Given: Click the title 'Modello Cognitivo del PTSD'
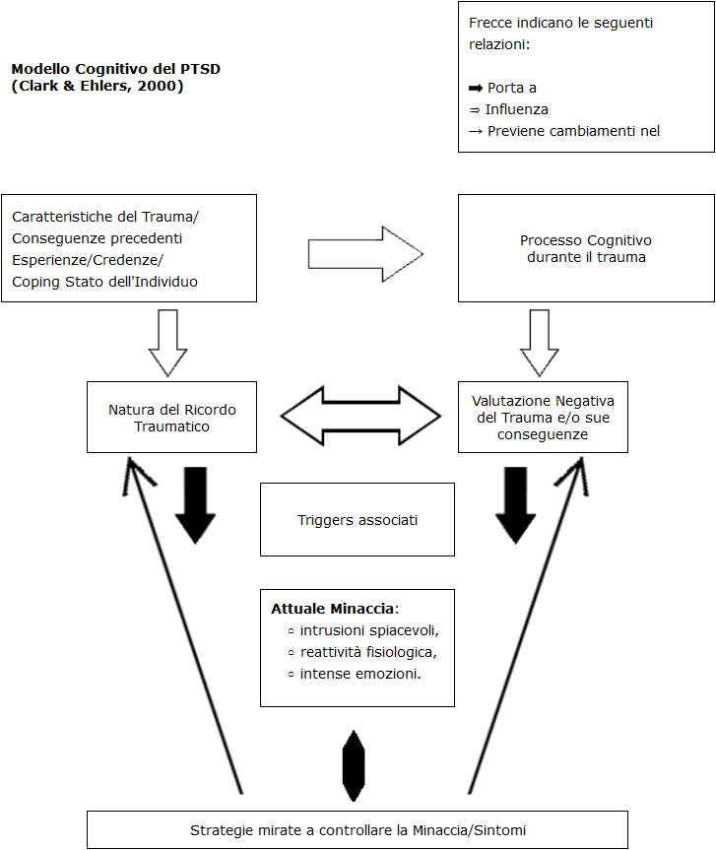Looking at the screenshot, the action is tap(116, 69).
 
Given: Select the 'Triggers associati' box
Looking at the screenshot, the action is tap(358, 519).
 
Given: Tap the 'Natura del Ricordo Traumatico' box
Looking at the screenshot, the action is tap(171, 417).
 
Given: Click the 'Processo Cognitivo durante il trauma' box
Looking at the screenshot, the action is tap(586, 248).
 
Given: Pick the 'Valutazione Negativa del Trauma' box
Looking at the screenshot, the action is tap(543, 417).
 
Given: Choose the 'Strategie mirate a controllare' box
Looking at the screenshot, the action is tap(358, 830).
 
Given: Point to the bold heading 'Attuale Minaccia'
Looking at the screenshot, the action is tap(332, 609).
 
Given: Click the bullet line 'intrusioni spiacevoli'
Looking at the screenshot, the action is tap(369, 630).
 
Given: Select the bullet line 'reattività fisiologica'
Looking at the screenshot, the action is tap(368, 652).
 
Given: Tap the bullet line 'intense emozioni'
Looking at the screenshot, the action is tap(360, 674).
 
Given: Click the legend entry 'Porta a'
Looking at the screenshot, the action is tap(512, 88).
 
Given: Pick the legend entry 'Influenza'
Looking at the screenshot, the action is tap(516, 109).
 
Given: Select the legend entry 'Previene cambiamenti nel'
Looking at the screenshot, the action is tap(573, 131).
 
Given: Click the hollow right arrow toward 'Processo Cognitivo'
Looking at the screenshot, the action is tap(365, 254).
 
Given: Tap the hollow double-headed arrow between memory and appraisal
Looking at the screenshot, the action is tap(360, 416).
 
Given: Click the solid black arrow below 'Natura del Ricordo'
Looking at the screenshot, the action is tap(196, 505).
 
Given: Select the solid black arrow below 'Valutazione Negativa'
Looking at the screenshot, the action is tap(516, 505).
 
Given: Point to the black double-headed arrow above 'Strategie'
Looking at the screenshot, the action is tap(354, 765).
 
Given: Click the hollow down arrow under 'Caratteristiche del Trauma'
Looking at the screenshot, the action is tap(168, 343).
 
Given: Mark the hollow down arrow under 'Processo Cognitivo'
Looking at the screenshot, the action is tap(540, 343).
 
